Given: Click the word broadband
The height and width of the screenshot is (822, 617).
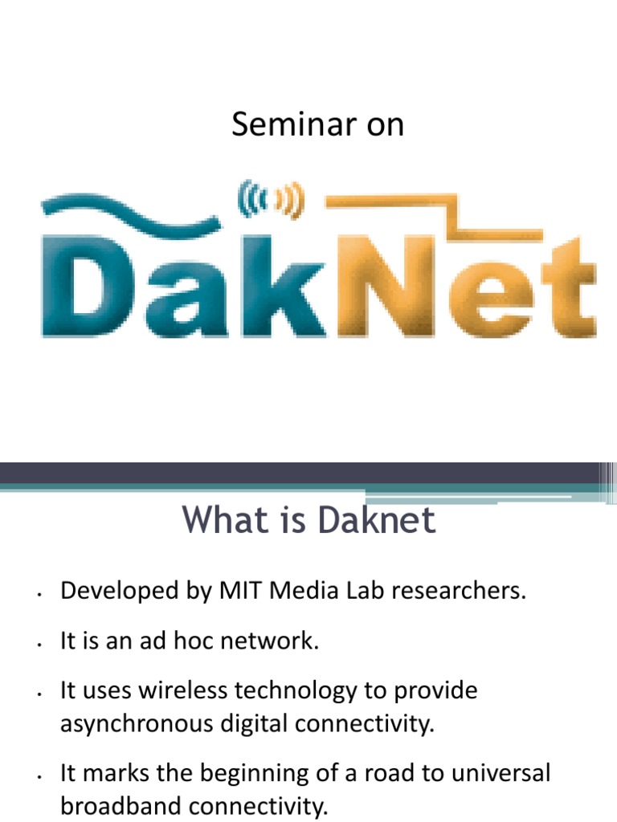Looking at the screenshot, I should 117,806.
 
